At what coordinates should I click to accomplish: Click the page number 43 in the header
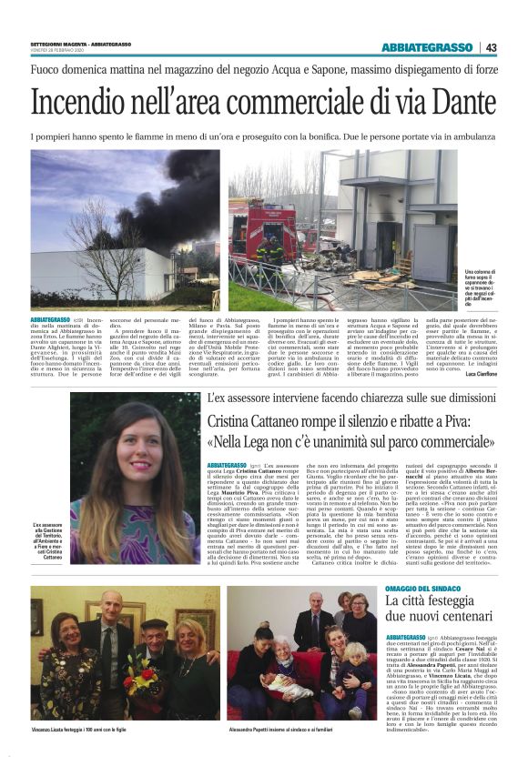point(492,47)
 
